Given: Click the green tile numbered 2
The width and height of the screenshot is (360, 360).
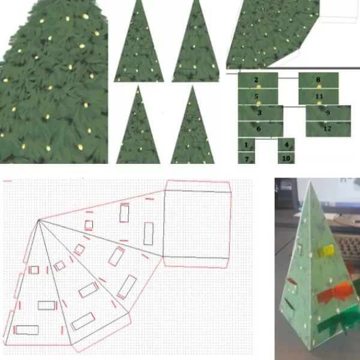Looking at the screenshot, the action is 258,80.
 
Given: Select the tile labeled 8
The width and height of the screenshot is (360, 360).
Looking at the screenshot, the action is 319,80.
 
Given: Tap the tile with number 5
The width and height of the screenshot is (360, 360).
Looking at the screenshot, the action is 258,97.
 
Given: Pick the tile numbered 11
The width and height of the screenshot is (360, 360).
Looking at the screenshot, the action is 319,97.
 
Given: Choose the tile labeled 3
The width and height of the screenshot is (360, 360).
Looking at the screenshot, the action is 260,113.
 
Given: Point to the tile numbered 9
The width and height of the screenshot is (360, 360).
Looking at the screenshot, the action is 328,113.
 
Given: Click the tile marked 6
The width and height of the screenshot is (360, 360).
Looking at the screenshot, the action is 260,129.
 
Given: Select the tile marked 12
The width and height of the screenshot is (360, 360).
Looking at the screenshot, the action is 328,129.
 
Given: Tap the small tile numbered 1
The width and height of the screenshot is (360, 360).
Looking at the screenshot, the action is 247,145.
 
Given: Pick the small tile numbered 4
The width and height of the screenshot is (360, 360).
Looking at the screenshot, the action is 286,145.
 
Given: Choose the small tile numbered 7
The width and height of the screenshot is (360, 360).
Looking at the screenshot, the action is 247,158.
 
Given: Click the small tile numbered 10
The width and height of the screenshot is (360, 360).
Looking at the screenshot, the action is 286,158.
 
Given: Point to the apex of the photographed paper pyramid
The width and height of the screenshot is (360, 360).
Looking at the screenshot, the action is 310,181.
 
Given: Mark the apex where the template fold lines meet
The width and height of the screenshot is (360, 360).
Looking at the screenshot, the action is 39,220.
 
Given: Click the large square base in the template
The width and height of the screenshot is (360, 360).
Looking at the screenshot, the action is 197,224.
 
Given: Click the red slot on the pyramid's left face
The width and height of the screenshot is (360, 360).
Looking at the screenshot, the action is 292,281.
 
